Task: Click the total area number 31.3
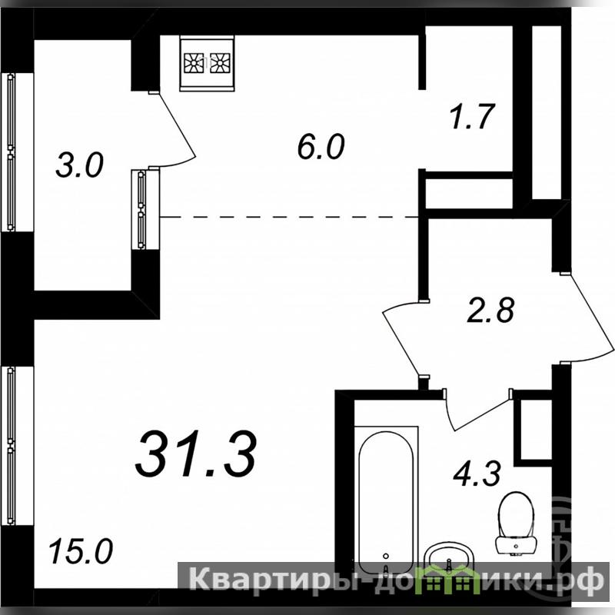(x=196, y=454)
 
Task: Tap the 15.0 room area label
(x=81, y=551)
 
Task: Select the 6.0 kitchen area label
(x=321, y=146)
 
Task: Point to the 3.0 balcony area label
(x=80, y=165)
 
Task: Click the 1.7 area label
(x=471, y=116)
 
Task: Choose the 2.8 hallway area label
(x=490, y=310)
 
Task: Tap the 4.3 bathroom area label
(x=477, y=474)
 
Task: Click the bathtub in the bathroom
(x=386, y=501)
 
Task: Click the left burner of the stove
(x=194, y=63)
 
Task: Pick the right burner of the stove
(x=220, y=63)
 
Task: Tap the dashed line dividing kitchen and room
(x=290, y=217)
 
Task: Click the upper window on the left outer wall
(x=11, y=152)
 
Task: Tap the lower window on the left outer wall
(x=11, y=446)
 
